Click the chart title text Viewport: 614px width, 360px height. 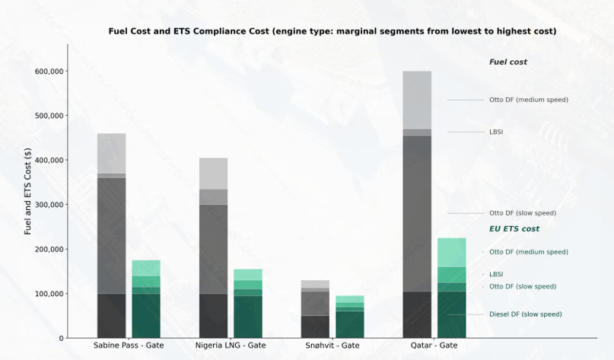click(332, 31)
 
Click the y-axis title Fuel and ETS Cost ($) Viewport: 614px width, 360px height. click(28, 191)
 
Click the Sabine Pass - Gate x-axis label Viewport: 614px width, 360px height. click(129, 346)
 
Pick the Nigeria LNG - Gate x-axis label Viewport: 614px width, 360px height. click(231, 346)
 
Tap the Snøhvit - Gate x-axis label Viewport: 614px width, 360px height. click(332, 346)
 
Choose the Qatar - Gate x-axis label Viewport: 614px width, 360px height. click(434, 346)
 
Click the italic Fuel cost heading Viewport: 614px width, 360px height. click(507, 62)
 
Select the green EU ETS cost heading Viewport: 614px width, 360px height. click(514, 229)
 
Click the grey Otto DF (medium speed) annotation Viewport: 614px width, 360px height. click(528, 100)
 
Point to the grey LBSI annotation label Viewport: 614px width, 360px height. click(496, 132)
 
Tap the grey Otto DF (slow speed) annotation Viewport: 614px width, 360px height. click(522, 213)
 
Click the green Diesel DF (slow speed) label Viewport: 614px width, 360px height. click(525, 314)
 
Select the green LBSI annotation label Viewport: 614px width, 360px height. click(496, 274)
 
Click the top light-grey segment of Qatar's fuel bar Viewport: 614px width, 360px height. click(417, 100)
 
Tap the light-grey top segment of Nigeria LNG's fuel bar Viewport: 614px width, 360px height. click(213, 174)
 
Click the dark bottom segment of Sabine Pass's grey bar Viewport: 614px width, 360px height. click(112, 316)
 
